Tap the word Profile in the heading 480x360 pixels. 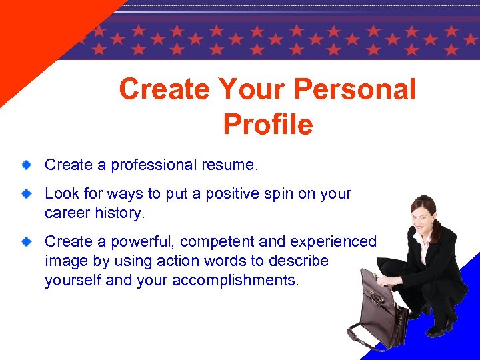[267, 124]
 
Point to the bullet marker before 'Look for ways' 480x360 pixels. [25, 193]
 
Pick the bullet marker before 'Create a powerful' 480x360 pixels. [25, 241]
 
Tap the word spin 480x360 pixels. [276, 194]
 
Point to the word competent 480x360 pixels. [221, 241]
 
